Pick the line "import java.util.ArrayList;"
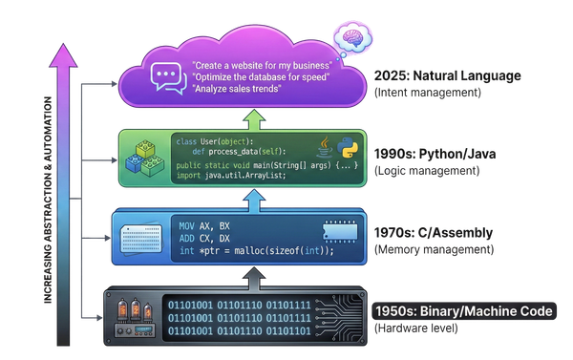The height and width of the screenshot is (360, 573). point(229,175)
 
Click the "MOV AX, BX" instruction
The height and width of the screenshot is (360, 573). point(204,225)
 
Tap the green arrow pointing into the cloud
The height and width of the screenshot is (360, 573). point(253,118)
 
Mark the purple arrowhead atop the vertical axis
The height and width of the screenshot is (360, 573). point(65,54)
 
